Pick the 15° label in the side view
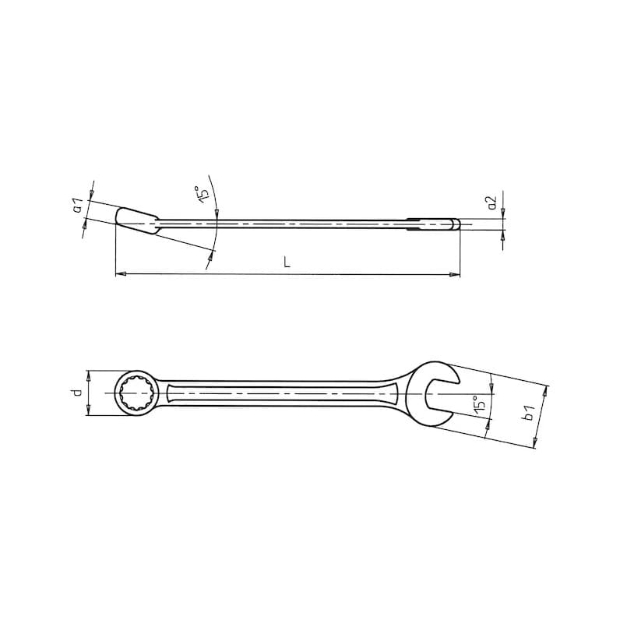click(x=203, y=195)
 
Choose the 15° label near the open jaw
click(x=481, y=403)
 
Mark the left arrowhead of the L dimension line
click(x=119, y=273)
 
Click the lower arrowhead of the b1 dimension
click(x=535, y=442)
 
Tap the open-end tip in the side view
click(x=456, y=225)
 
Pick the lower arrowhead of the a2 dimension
click(x=502, y=234)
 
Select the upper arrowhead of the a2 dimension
click(x=502, y=214)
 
